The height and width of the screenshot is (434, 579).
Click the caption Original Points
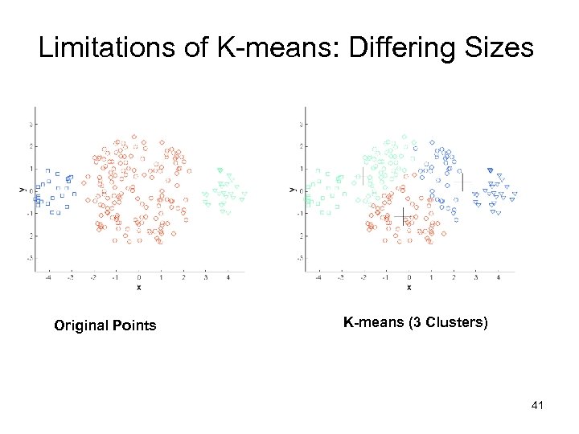pyautogui.click(x=105, y=325)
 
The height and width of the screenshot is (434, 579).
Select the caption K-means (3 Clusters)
pyautogui.click(x=415, y=323)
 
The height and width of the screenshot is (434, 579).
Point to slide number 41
pyautogui.click(x=538, y=406)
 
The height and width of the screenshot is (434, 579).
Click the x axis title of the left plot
pyautogui.click(x=138, y=287)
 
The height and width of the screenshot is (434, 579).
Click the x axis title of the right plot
pyautogui.click(x=409, y=287)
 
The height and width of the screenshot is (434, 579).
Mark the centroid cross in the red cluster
pyautogui.click(x=403, y=217)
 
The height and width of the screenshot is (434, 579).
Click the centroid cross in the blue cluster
pyautogui.click(x=459, y=182)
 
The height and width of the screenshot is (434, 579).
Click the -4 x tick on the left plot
pyautogui.click(x=48, y=277)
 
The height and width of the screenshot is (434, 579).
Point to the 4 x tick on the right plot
pyautogui.click(x=499, y=277)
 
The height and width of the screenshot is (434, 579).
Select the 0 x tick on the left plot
pyautogui.click(x=138, y=277)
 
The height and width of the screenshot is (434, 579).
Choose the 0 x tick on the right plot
pyautogui.click(x=409, y=277)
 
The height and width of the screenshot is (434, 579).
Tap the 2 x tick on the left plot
pyautogui.click(x=183, y=277)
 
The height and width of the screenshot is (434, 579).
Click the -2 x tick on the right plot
pyautogui.click(x=363, y=277)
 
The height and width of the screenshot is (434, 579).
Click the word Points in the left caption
pyautogui.click(x=133, y=325)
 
